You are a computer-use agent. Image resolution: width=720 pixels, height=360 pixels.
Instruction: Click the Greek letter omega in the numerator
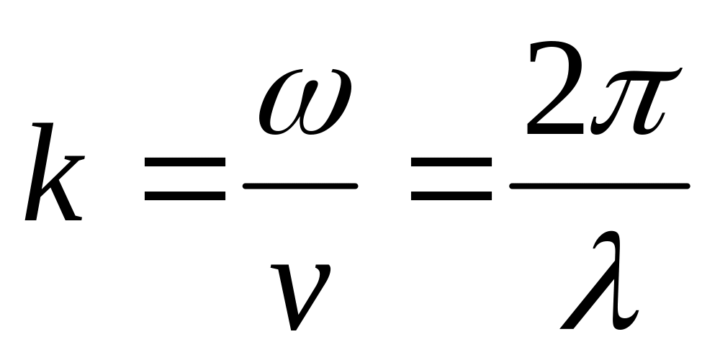tap(305, 102)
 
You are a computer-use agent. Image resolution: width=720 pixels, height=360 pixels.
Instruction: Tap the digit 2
tap(554, 87)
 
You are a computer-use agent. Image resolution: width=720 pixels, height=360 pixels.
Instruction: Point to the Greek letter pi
tap(636, 101)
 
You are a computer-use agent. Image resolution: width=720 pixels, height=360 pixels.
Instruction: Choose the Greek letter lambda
tap(599, 280)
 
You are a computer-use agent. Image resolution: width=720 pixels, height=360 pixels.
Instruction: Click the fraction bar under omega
tap(300, 186)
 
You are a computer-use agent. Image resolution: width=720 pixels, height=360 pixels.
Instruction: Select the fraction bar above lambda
tap(600, 186)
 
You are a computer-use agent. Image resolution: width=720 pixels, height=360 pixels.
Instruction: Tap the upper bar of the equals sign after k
tap(185, 161)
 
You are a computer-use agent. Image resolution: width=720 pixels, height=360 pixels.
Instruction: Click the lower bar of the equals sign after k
tap(185, 196)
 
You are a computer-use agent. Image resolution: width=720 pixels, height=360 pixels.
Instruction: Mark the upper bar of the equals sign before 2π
tap(451, 161)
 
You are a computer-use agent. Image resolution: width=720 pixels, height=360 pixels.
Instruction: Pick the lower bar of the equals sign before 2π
tap(451, 196)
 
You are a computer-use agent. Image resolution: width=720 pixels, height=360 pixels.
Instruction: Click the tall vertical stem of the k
tap(40, 171)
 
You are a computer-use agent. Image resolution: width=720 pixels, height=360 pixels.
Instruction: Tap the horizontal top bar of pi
tap(643, 75)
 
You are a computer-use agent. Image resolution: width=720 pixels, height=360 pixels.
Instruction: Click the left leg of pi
tap(611, 108)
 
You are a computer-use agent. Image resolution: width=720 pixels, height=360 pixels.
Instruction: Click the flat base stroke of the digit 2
tap(556, 129)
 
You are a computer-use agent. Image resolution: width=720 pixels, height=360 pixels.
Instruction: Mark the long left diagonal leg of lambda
tap(588, 294)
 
